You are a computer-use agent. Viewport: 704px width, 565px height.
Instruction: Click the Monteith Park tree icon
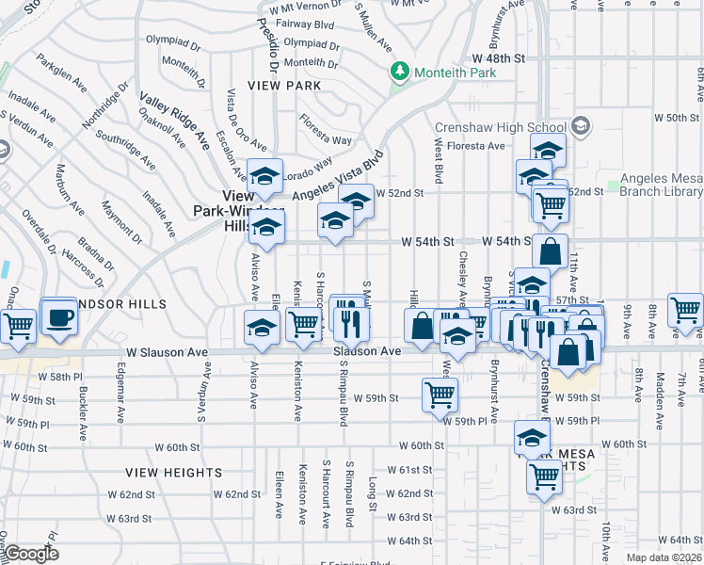coord(400,72)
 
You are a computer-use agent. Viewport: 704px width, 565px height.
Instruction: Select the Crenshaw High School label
coord(501,128)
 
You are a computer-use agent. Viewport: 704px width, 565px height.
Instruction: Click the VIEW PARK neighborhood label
coord(279,85)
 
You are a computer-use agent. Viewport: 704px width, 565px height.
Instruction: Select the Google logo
coord(31,554)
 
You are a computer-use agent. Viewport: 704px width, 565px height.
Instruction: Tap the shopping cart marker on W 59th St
coord(440,395)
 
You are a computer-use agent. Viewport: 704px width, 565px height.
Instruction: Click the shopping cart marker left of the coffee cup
coord(18,327)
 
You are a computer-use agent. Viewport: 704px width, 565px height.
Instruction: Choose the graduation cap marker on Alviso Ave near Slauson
coord(263,328)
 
